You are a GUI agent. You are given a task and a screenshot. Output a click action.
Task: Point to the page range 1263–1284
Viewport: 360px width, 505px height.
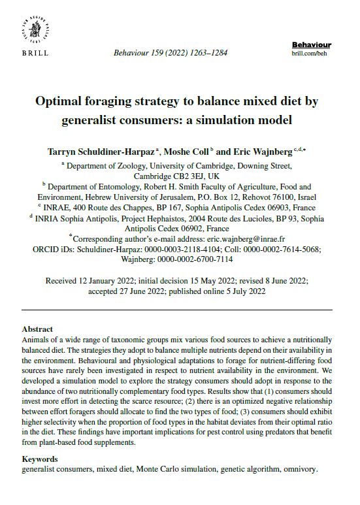pyautogui.click(x=208, y=52)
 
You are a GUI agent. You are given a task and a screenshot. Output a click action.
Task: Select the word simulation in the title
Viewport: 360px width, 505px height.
pyautogui.click(x=257, y=120)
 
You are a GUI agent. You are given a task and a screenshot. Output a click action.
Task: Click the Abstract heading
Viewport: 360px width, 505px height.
pyautogui.click(x=38, y=329)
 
